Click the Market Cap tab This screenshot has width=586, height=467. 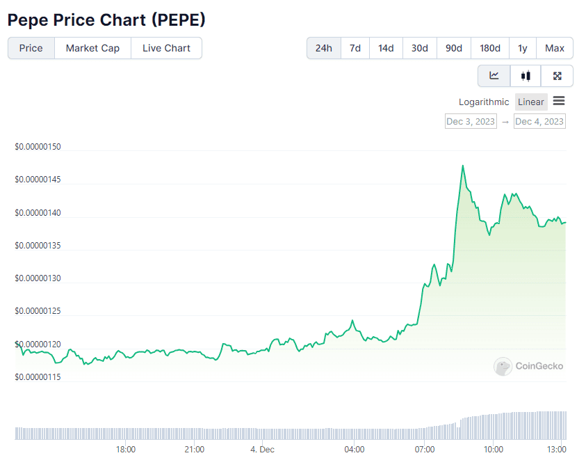[x=92, y=48]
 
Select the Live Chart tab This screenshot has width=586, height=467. [x=166, y=48]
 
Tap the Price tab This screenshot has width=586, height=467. [x=31, y=48]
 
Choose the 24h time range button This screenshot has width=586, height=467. [x=323, y=48]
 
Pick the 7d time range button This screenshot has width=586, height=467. [x=355, y=48]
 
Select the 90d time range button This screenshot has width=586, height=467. [x=453, y=48]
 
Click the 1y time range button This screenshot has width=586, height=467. [x=522, y=48]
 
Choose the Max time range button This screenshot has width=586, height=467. [x=554, y=48]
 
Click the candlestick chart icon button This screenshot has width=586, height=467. [x=526, y=76]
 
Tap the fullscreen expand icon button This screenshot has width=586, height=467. [x=557, y=76]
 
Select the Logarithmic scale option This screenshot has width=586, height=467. [x=484, y=102]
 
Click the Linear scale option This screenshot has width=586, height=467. [x=531, y=102]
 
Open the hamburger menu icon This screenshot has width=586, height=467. [x=559, y=102]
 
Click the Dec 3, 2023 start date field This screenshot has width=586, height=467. [x=471, y=122]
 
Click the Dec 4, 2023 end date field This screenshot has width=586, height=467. [x=539, y=122]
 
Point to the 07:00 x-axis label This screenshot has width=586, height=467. [x=424, y=450]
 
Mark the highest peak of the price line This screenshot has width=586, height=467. [x=463, y=166]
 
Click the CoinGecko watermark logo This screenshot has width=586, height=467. [x=528, y=366]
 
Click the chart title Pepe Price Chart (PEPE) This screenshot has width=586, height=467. [x=106, y=19]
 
